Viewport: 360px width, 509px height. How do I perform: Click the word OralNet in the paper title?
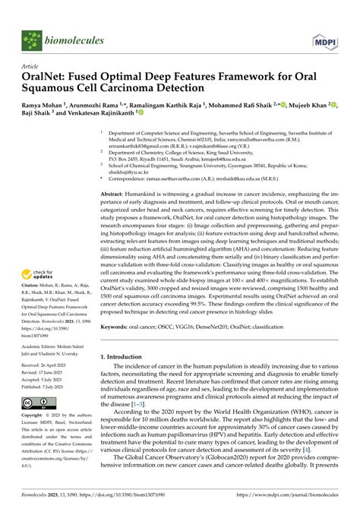[x=49, y=78]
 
